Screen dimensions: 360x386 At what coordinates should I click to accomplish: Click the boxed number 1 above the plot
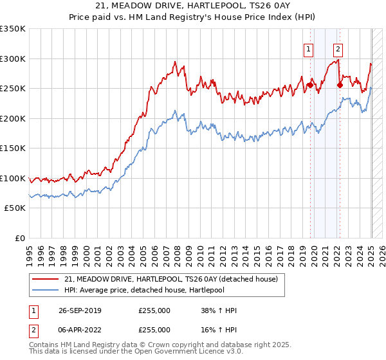(309, 49)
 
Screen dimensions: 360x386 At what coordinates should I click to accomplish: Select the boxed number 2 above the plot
(338, 49)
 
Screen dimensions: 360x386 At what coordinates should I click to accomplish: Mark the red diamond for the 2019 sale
(310, 85)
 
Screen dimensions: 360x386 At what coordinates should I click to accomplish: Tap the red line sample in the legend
(46, 279)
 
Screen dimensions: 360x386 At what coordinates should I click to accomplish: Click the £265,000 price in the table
(154, 329)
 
